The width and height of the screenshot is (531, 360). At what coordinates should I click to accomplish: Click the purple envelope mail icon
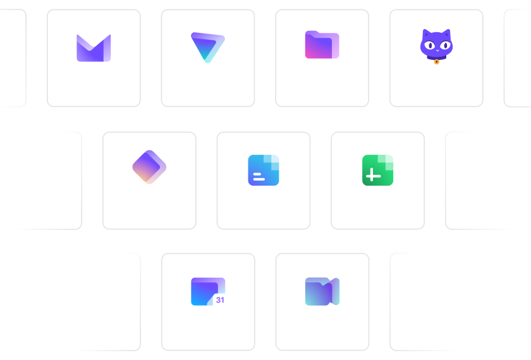tap(94, 48)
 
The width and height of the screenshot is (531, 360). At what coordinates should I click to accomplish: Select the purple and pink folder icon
tap(322, 45)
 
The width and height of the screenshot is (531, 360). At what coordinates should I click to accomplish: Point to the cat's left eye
tap(430, 45)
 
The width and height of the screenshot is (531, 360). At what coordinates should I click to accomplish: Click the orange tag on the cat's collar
tap(437, 62)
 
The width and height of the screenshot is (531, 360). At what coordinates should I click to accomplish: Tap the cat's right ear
tap(447, 33)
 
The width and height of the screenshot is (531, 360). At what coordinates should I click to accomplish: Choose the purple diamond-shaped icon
tap(149, 167)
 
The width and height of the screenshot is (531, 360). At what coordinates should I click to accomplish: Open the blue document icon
tap(264, 170)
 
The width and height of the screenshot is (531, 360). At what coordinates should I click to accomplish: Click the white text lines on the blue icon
tap(259, 177)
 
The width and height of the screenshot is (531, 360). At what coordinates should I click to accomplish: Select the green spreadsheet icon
tap(377, 170)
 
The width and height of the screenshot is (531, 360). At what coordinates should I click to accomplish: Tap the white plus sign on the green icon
tap(373, 175)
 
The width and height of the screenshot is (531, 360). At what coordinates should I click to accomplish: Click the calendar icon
tap(208, 292)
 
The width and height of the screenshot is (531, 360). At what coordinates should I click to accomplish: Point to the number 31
tap(220, 300)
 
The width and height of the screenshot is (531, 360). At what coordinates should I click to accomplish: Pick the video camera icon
tap(322, 292)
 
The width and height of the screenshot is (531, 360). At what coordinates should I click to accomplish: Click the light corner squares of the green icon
tap(386, 162)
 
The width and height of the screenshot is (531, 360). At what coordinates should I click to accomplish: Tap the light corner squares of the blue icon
tap(272, 162)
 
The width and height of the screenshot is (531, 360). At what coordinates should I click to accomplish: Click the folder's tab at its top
tap(312, 33)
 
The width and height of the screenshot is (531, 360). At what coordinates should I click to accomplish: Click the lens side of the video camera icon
tap(335, 291)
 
